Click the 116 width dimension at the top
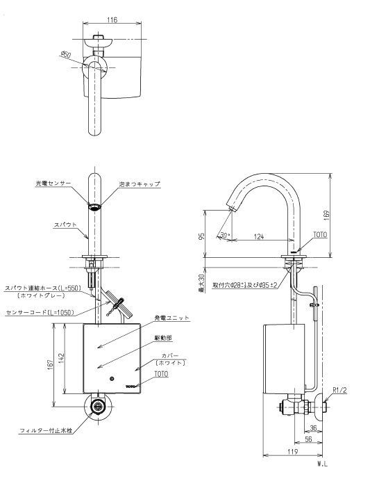click(112, 21)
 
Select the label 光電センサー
click(53, 184)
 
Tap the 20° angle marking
click(224, 236)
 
